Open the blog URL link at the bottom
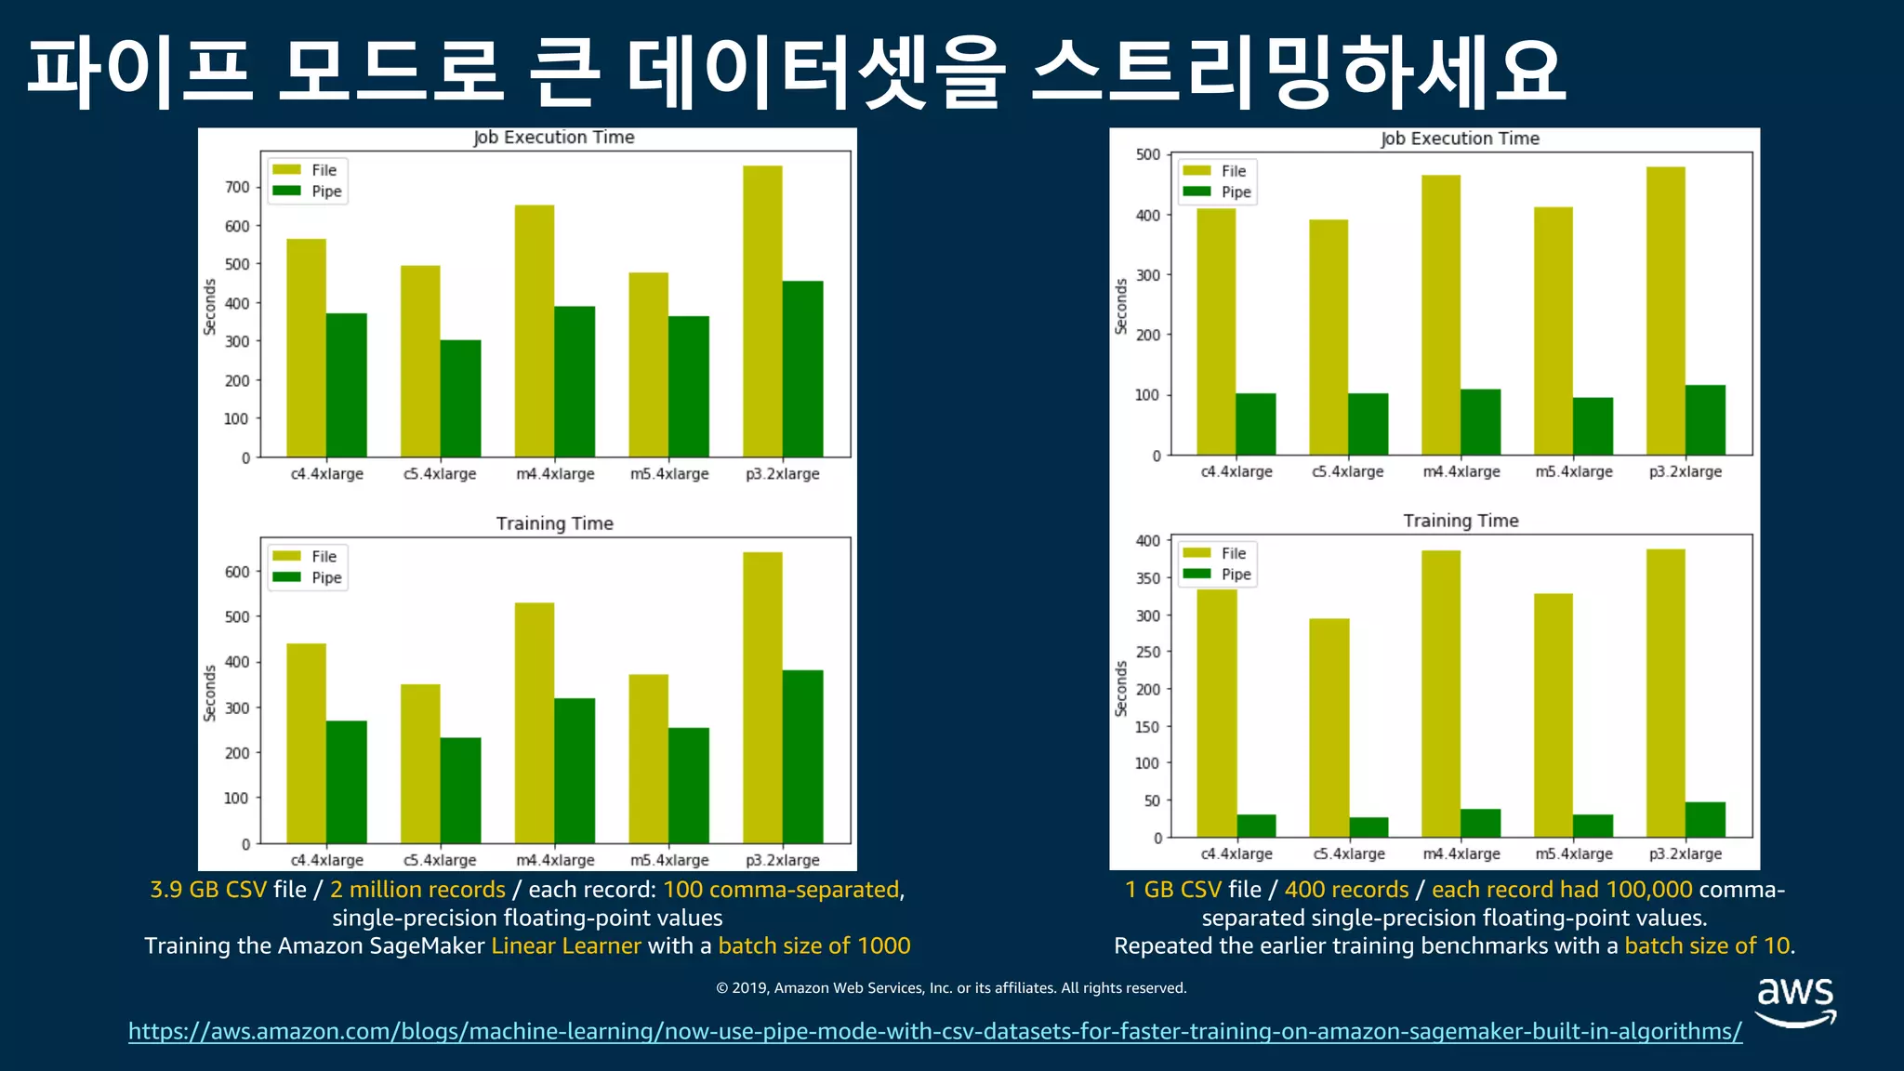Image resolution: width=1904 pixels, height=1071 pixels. (x=934, y=1031)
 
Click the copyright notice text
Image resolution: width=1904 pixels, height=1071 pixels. (x=951, y=987)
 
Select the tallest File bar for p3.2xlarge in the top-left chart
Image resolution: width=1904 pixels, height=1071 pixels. (x=762, y=311)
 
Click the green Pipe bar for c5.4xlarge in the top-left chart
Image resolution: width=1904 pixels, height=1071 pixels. (x=460, y=398)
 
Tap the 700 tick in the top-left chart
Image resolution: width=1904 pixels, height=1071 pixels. (x=237, y=187)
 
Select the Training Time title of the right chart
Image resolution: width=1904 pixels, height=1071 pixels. (x=1461, y=521)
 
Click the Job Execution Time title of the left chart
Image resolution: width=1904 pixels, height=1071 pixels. (x=554, y=138)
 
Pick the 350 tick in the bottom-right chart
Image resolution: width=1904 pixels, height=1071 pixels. (x=1148, y=578)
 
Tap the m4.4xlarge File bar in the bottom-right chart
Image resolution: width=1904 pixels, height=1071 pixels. (x=1440, y=693)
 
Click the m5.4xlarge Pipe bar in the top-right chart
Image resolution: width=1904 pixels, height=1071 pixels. (x=1593, y=426)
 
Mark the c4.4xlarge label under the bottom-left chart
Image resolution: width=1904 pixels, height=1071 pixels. (x=326, y=860)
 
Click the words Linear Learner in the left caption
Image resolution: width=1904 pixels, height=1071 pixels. (x=565, y=945)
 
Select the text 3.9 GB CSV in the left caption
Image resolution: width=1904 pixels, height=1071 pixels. (x=208, y=890)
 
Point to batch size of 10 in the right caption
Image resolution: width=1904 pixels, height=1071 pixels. (x=1706, y=945)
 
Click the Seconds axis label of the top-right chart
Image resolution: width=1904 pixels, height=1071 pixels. (x=1121, y=306)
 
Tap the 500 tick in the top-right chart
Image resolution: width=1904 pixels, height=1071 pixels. (x=1148, y=154)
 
